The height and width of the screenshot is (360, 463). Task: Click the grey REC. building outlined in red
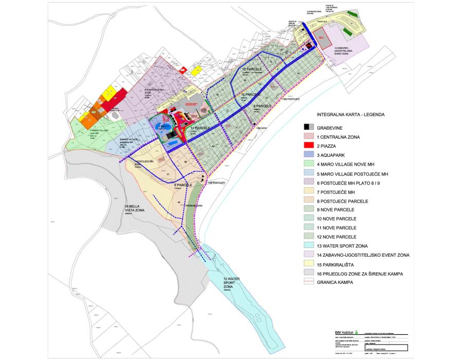pyautogui.click(x=322, y=39)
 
